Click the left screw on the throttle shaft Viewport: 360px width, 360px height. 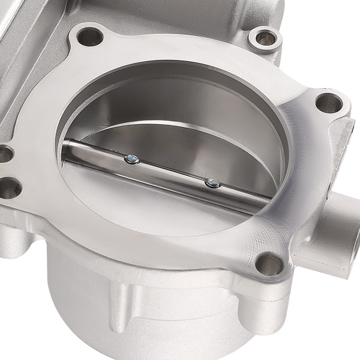tap(131, 159)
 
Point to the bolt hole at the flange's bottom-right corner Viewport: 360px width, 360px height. tap(271, 264)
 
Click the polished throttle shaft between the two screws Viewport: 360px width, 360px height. tap(171, 171)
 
